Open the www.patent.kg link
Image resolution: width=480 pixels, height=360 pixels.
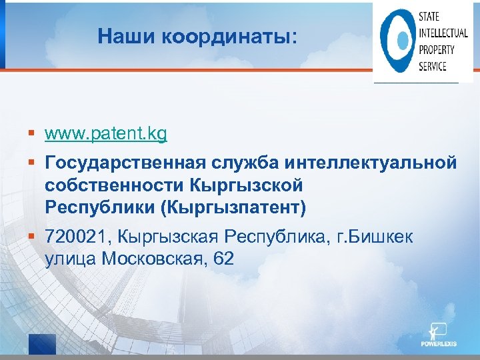click(106, 134)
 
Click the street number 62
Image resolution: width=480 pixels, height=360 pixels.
click(225, 259)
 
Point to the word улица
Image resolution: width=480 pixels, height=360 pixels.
click(71, 259)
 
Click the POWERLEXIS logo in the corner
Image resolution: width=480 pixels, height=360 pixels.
click(437, 337)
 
